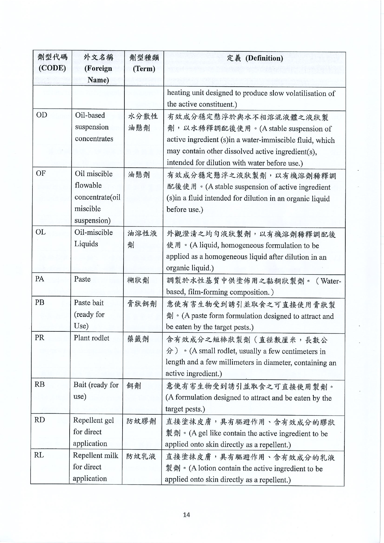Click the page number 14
[186, 515]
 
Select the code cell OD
[41, 115]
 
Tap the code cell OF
[41, 173]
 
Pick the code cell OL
[41, 232]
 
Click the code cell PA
[40, 279]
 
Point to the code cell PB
[40, 302]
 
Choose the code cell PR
[40, 338]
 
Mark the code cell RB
[40, 384]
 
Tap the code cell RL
[39, 455]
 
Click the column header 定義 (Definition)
[255, 58]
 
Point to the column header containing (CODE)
[52, 63]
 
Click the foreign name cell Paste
[82, 279]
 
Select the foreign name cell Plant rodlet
[92, 338]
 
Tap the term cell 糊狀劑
[138, 280]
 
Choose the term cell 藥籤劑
[138, 339]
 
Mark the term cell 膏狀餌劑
[142, 304]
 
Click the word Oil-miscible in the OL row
[93, 232]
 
